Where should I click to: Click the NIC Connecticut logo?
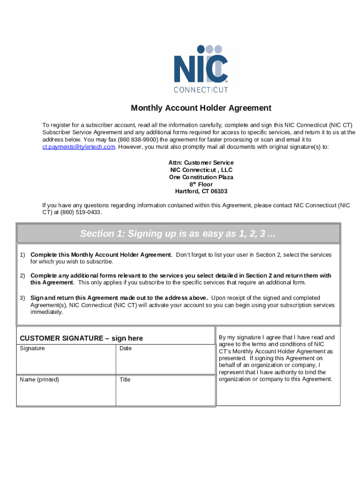tap(201, 69)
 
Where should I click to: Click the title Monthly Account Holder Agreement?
tap(201, 108)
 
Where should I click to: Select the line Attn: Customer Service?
tap(201, 163)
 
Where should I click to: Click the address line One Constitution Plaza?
tap(201, 177)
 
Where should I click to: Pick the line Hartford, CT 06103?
tap(201, 191)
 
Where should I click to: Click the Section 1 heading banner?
tap(178, 233)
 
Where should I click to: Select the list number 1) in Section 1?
tap(22, 255)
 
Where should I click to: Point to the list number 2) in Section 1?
tap(22, 276)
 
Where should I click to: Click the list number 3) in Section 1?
tap(22, 298)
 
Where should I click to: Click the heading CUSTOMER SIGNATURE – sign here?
tap(81, 338)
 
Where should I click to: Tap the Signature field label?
tap(32, 348)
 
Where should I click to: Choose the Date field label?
tap(126, 348)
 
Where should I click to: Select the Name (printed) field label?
tap(39, 379)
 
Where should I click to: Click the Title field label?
tap(125, 379)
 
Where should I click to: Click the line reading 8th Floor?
tap(201, 184)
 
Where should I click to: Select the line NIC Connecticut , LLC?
tap(201, 170)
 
